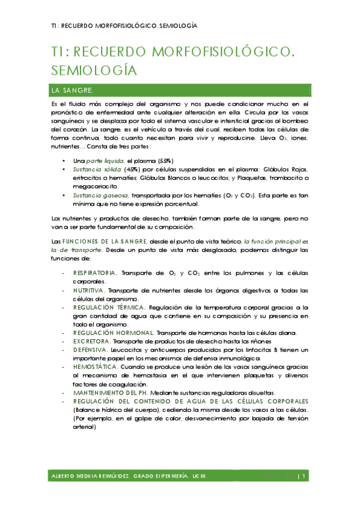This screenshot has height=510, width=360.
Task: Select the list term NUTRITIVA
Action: (90, 290)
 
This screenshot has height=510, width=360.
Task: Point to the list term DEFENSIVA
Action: (90, 350)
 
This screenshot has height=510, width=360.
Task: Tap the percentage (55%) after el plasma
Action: (166, 161)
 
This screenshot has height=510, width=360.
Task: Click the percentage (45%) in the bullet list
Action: (131, 170)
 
